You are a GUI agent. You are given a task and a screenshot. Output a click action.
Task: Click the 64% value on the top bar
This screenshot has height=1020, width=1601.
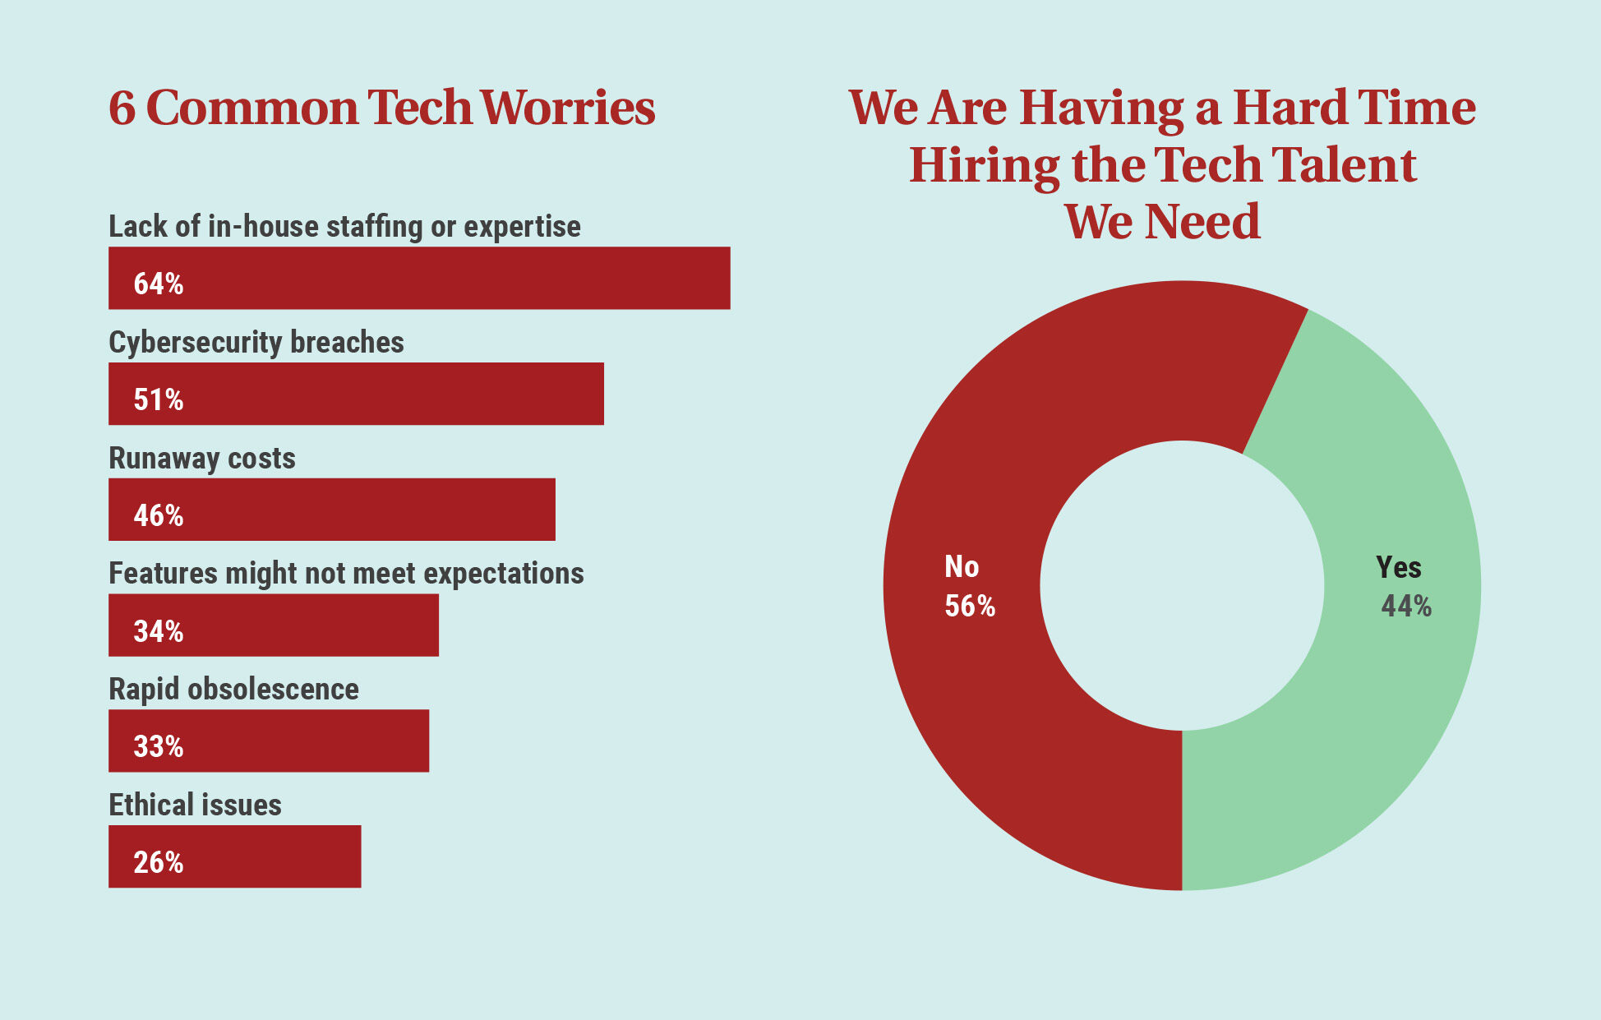click(159, 284)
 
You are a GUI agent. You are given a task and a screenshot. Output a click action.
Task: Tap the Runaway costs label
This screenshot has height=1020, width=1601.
click(202, 459)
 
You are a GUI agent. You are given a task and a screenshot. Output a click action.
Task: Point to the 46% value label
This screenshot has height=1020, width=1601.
click(159, 515)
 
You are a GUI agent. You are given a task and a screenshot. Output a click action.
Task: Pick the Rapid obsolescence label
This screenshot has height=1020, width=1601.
click(233, 690)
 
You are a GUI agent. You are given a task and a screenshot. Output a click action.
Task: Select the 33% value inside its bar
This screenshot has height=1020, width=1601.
click(159, 746)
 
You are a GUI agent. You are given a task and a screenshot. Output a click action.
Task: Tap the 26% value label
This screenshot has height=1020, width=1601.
click(159, 862)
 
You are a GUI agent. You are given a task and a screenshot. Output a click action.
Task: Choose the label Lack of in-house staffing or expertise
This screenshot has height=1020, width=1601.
click(344, 227)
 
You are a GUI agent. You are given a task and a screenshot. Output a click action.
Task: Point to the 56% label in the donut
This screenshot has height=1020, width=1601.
click(970, 607)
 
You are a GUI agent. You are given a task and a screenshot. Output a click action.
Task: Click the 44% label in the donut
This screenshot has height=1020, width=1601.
click(1406, 607)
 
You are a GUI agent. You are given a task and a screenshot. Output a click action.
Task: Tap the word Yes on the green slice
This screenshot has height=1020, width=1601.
click(1398, 567)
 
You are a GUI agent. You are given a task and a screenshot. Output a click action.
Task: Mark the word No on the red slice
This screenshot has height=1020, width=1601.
click(962, 566)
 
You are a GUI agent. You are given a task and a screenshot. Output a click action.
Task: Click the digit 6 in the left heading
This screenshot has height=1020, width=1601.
click(122, 108)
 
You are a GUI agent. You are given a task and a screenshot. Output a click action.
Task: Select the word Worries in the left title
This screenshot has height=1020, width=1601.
click(567, 108)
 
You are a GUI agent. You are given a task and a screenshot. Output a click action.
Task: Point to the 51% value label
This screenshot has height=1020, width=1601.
click(159, 399)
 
